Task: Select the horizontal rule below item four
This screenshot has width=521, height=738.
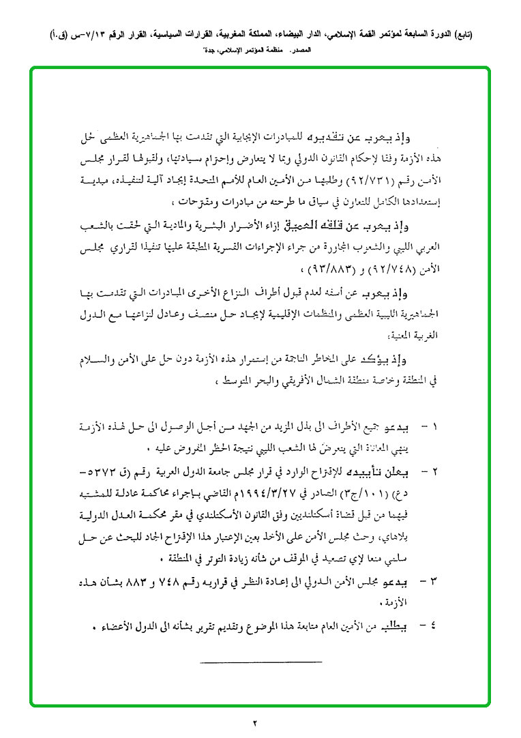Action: (x=260, y=662)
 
